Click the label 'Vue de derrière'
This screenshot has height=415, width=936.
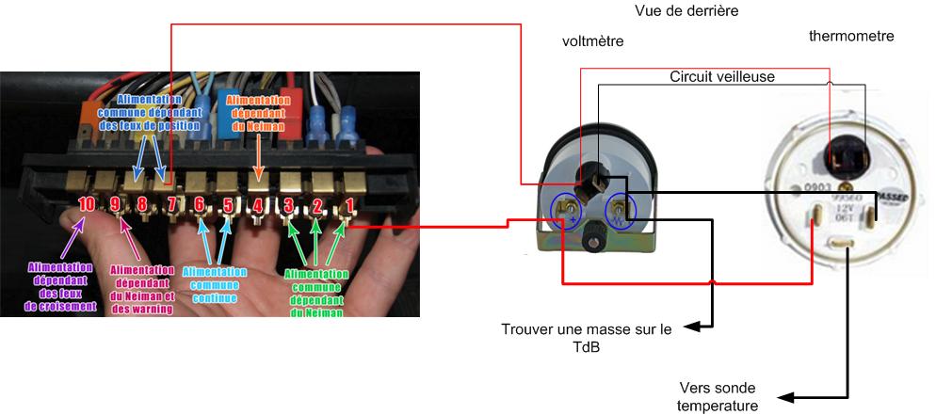pos(686,11)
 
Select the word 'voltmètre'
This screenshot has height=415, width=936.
pos(592,41)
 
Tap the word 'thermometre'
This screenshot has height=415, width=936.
pos(851,36)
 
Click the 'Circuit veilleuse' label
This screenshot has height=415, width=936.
pos(722,76)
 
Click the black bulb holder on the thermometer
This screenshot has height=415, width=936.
pos(841,151)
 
